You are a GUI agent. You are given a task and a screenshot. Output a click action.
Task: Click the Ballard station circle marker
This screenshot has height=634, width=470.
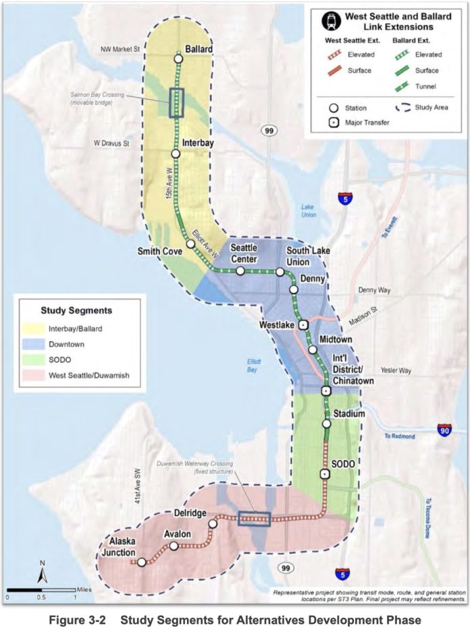tap(178, 59)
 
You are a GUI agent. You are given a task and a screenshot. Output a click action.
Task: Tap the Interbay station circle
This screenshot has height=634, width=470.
tap(176, 154)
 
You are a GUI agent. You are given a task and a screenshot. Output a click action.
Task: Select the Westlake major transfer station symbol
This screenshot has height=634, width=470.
tap(304, 324)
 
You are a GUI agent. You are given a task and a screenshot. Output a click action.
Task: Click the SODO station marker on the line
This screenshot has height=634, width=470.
tap(325, 474)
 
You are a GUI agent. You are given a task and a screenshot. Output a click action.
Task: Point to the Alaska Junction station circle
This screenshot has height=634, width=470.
tap(142, 562)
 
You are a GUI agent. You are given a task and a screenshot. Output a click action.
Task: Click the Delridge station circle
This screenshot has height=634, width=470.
tap(213, 524)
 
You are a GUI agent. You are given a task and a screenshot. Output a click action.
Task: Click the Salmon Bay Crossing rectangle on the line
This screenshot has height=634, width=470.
tap(177, 103)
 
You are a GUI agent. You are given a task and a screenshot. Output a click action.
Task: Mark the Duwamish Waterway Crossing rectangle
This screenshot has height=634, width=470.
tap(255, 518)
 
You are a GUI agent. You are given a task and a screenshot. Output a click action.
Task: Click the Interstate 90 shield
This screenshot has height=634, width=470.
tap(444, 430)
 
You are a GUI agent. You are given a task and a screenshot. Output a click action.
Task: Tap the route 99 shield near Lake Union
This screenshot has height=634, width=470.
tap(269, 130)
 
